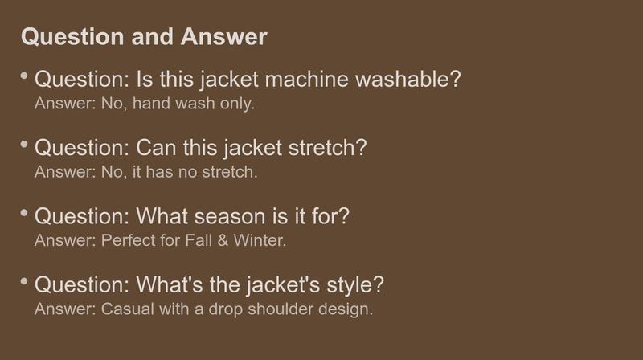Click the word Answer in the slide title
(x=224, y=36)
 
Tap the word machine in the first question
(x=307, y=79)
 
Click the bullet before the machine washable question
(x=24, y=76)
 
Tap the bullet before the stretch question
(x=24, y=144)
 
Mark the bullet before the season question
(x=24, y=212)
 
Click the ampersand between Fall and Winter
(x=223, y=241)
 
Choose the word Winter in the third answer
(x=260, y=241)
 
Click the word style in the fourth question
(x=355, y=284)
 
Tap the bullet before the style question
(x=24, y=281)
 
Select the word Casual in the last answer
(x=128, y=309)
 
